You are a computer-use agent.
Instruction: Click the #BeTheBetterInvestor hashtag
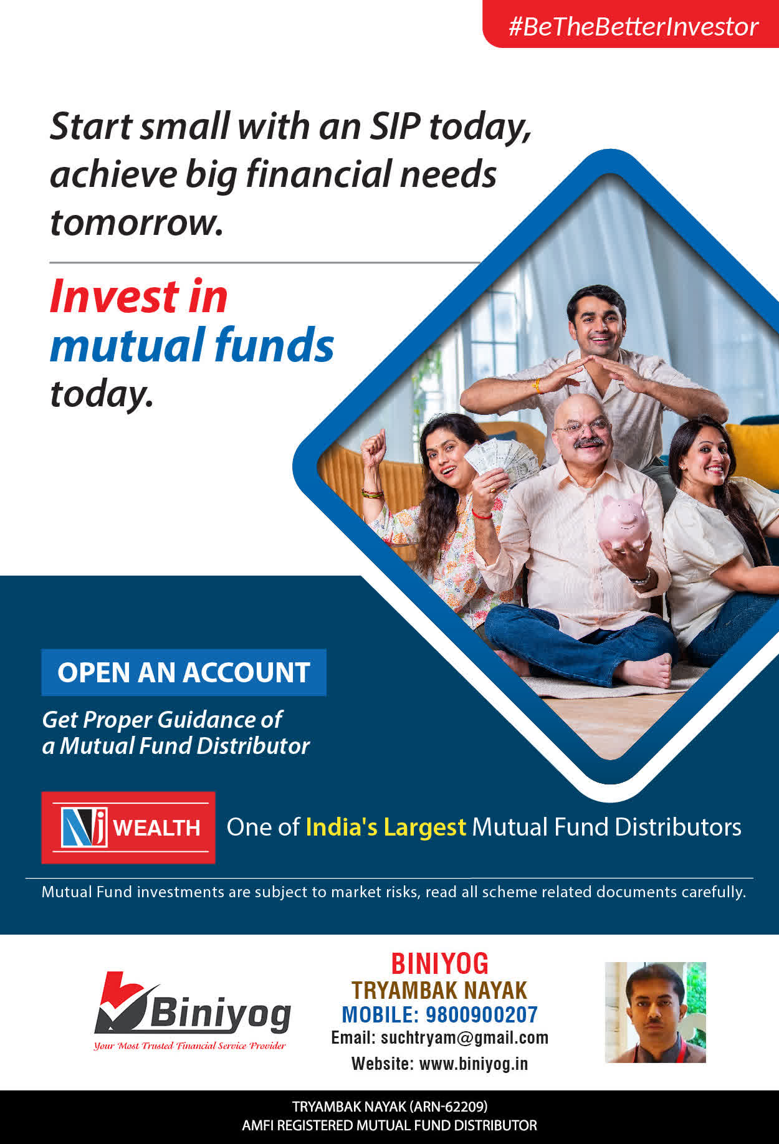pos(633,27)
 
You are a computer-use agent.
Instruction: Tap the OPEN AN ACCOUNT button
pos(184,672)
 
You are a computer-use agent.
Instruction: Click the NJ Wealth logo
pos(128,827)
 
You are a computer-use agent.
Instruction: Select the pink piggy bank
pos(623,521)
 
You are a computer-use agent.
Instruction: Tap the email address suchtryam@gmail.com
pos(464,1038)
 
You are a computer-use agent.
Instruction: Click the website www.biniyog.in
pos(474,1064)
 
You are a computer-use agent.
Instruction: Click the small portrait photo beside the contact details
pos(655,1012)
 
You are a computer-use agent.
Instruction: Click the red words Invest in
pos(139,296)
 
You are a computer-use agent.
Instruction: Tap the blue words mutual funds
pos(192,345)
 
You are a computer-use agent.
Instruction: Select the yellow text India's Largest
pos(386,827)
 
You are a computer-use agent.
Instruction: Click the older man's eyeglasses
pos(583,427)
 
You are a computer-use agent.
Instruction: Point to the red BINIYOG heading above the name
pos(440,964)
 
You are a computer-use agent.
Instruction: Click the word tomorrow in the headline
pos(136,222)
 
